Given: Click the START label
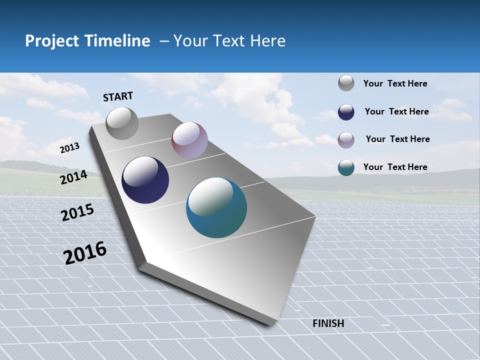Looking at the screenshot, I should [x=118, y=96].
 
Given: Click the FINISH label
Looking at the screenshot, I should [x=328, y=323].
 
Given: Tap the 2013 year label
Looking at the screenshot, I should [x=70, y=147].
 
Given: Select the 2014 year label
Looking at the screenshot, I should [x=73, y=177].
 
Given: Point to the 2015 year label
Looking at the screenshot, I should [x=77, y=212].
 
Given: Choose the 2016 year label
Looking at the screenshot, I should [x=85, y=253].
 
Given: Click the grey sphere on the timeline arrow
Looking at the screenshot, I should [x=122, y=123].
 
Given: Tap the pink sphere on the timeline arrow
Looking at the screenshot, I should [x=189, y=140].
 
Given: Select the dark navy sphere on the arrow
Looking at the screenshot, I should [x=145, y=180].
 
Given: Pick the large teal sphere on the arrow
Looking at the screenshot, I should [x=216, y=207].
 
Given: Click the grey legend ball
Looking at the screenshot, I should [x=346, y=83].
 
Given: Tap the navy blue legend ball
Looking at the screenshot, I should [x=346, y=111].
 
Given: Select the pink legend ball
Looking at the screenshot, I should [x=346, y=139].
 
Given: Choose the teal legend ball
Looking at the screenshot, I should [x=346, y=167].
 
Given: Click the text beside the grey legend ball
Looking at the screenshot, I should [x=395, y=83].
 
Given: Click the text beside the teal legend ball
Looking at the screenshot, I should [x=395, y=167].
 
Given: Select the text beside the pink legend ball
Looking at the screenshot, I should [x=397, y=139].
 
